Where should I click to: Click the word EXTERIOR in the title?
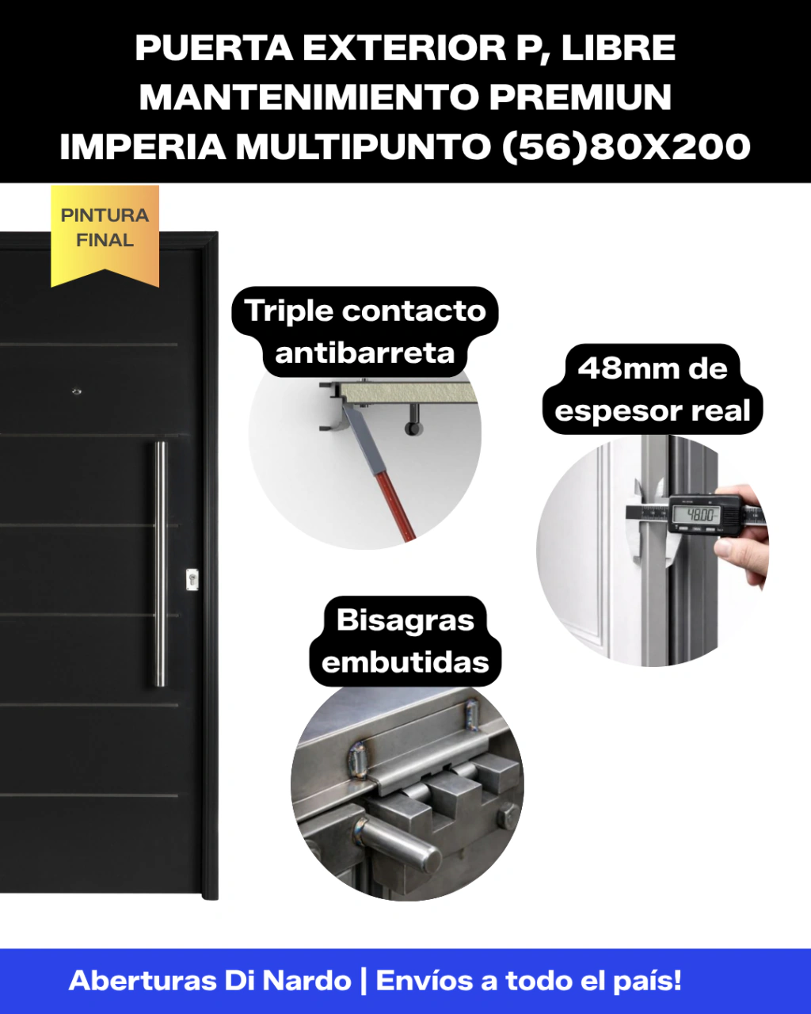405,48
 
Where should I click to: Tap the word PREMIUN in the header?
580,97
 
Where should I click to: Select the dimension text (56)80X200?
626,147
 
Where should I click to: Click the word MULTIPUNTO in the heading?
364,147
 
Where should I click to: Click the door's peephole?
76,391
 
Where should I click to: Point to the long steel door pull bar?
161,563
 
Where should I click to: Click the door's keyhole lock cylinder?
192,579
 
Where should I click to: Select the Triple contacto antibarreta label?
365,332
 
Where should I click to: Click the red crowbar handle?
397,505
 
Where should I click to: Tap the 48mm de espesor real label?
653,389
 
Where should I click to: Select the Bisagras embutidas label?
405,641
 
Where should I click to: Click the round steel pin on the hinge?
401,847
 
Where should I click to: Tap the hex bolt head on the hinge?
507,815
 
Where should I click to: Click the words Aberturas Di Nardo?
210,981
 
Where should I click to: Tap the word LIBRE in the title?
619,48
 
